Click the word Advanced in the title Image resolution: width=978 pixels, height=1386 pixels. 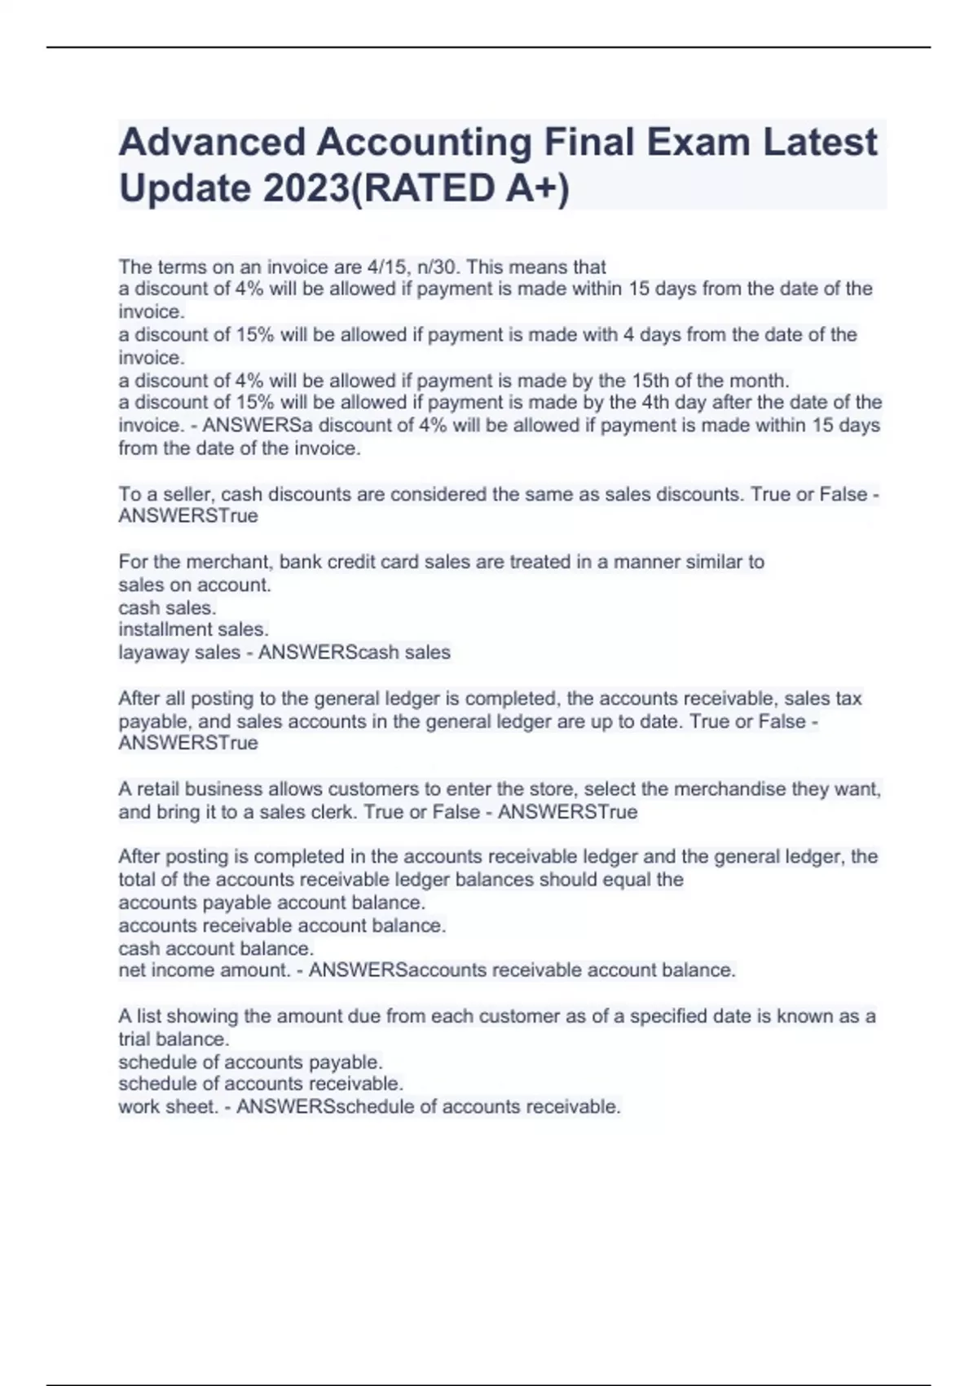211,143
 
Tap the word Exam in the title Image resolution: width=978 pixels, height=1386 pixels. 698,143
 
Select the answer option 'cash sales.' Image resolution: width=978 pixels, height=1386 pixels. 167,607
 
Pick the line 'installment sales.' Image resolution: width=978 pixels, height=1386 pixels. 193,629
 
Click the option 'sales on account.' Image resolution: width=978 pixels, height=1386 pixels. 195,585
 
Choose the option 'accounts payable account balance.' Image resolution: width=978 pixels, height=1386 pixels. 271,903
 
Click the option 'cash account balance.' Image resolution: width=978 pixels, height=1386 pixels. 216,948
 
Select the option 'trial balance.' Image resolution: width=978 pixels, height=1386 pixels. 174,1039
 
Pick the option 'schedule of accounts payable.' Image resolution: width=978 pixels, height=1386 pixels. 250,1062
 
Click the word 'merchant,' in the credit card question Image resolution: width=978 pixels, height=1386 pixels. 225,562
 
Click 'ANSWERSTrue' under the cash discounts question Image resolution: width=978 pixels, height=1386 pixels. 188,515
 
